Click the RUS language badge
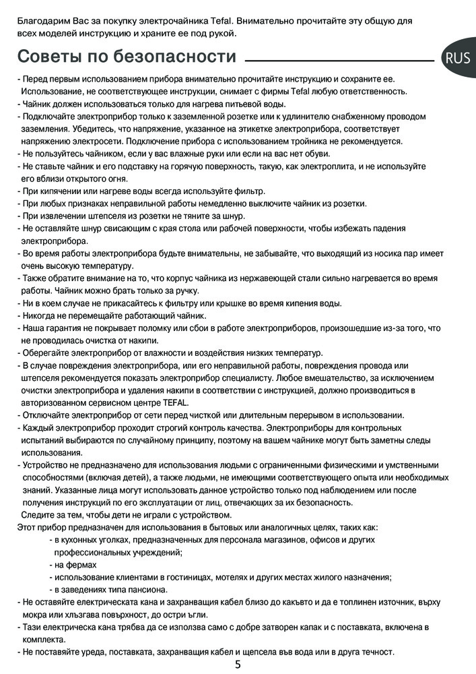[x=458, y=59]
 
